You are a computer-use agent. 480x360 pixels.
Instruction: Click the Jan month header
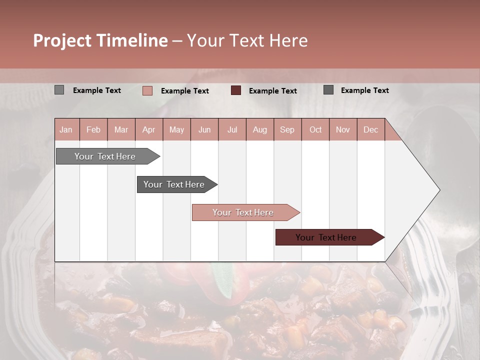[x=66, y=129]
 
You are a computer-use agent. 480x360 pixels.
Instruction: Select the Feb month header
[x=93, y=129]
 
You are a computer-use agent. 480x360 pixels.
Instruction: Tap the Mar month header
[x=121, y=129]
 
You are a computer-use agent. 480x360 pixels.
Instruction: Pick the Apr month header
[x=148, y=129]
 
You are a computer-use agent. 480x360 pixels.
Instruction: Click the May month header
[x=176, y=129]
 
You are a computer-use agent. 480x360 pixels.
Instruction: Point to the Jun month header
[x=204, y=129]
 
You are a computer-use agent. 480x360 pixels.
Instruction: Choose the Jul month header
[x=232, y=129]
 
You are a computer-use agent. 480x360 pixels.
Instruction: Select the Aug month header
[x=259, y=129]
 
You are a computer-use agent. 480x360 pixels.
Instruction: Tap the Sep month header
[x=287, y=129]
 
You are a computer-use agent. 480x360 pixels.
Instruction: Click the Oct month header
[x=315, y=129]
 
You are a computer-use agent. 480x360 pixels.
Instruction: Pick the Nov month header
[x=342, y=129]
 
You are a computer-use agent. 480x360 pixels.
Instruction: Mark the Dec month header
[x=370, y=129]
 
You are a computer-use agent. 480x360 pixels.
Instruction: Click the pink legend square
[x=147, y=90]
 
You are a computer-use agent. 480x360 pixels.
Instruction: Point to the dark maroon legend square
[x=236, y=90]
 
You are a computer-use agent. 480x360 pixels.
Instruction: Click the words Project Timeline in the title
[x=100, y=40]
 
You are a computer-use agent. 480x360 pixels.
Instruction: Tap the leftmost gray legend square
[x=59, y=90]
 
